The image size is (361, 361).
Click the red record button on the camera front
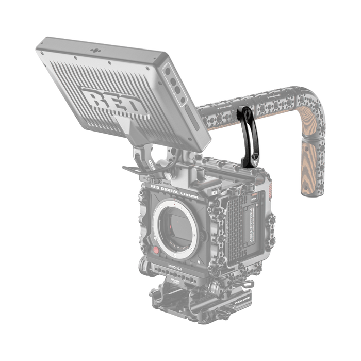[156, 250]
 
